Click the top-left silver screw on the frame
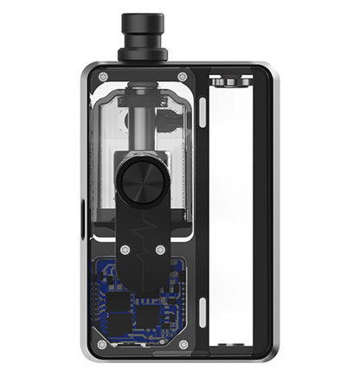(x=104, y=77)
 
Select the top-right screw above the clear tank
(x=183, y=77)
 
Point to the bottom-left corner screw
(x=103, y=344)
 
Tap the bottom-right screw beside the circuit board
(x=183, y=344)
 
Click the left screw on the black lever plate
(x=125, y=250)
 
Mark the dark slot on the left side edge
(x=82, y=213)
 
